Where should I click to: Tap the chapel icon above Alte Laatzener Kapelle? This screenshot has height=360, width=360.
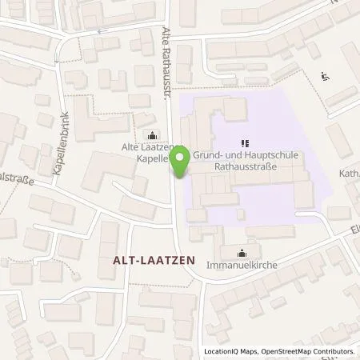150,134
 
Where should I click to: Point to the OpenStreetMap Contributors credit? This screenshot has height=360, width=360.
309,351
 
